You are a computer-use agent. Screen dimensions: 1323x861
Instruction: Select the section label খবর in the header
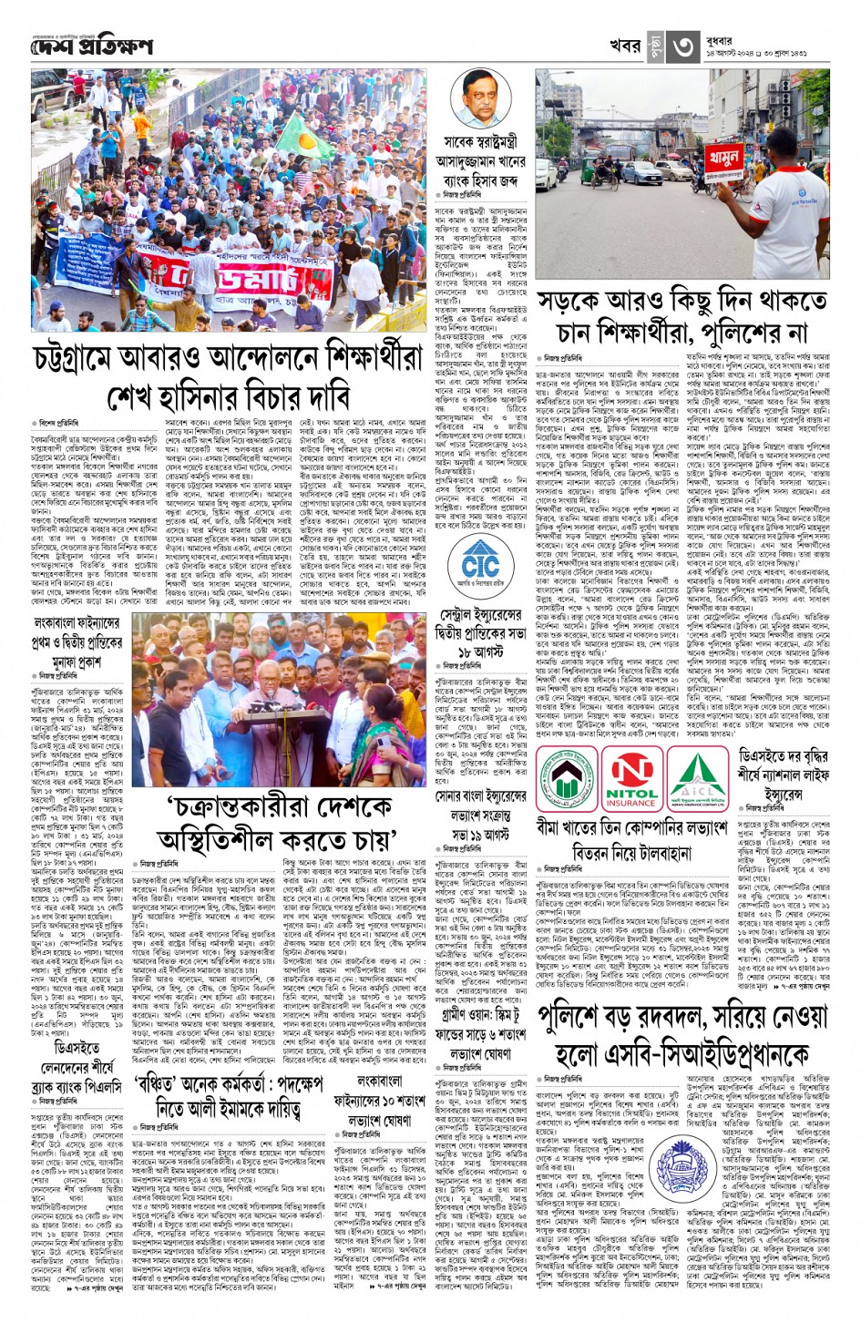[x=625, y=45]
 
